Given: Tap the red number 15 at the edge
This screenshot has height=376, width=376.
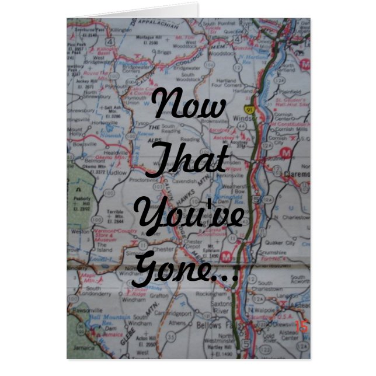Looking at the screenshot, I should pos(301,327).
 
